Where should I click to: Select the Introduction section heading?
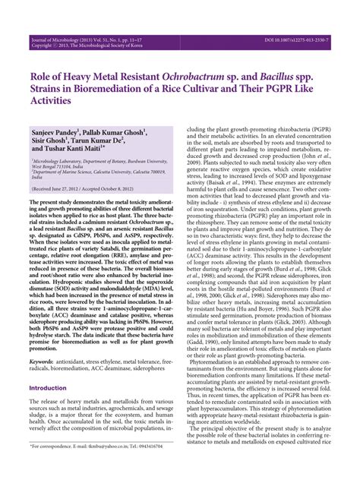tap(49, 366)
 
